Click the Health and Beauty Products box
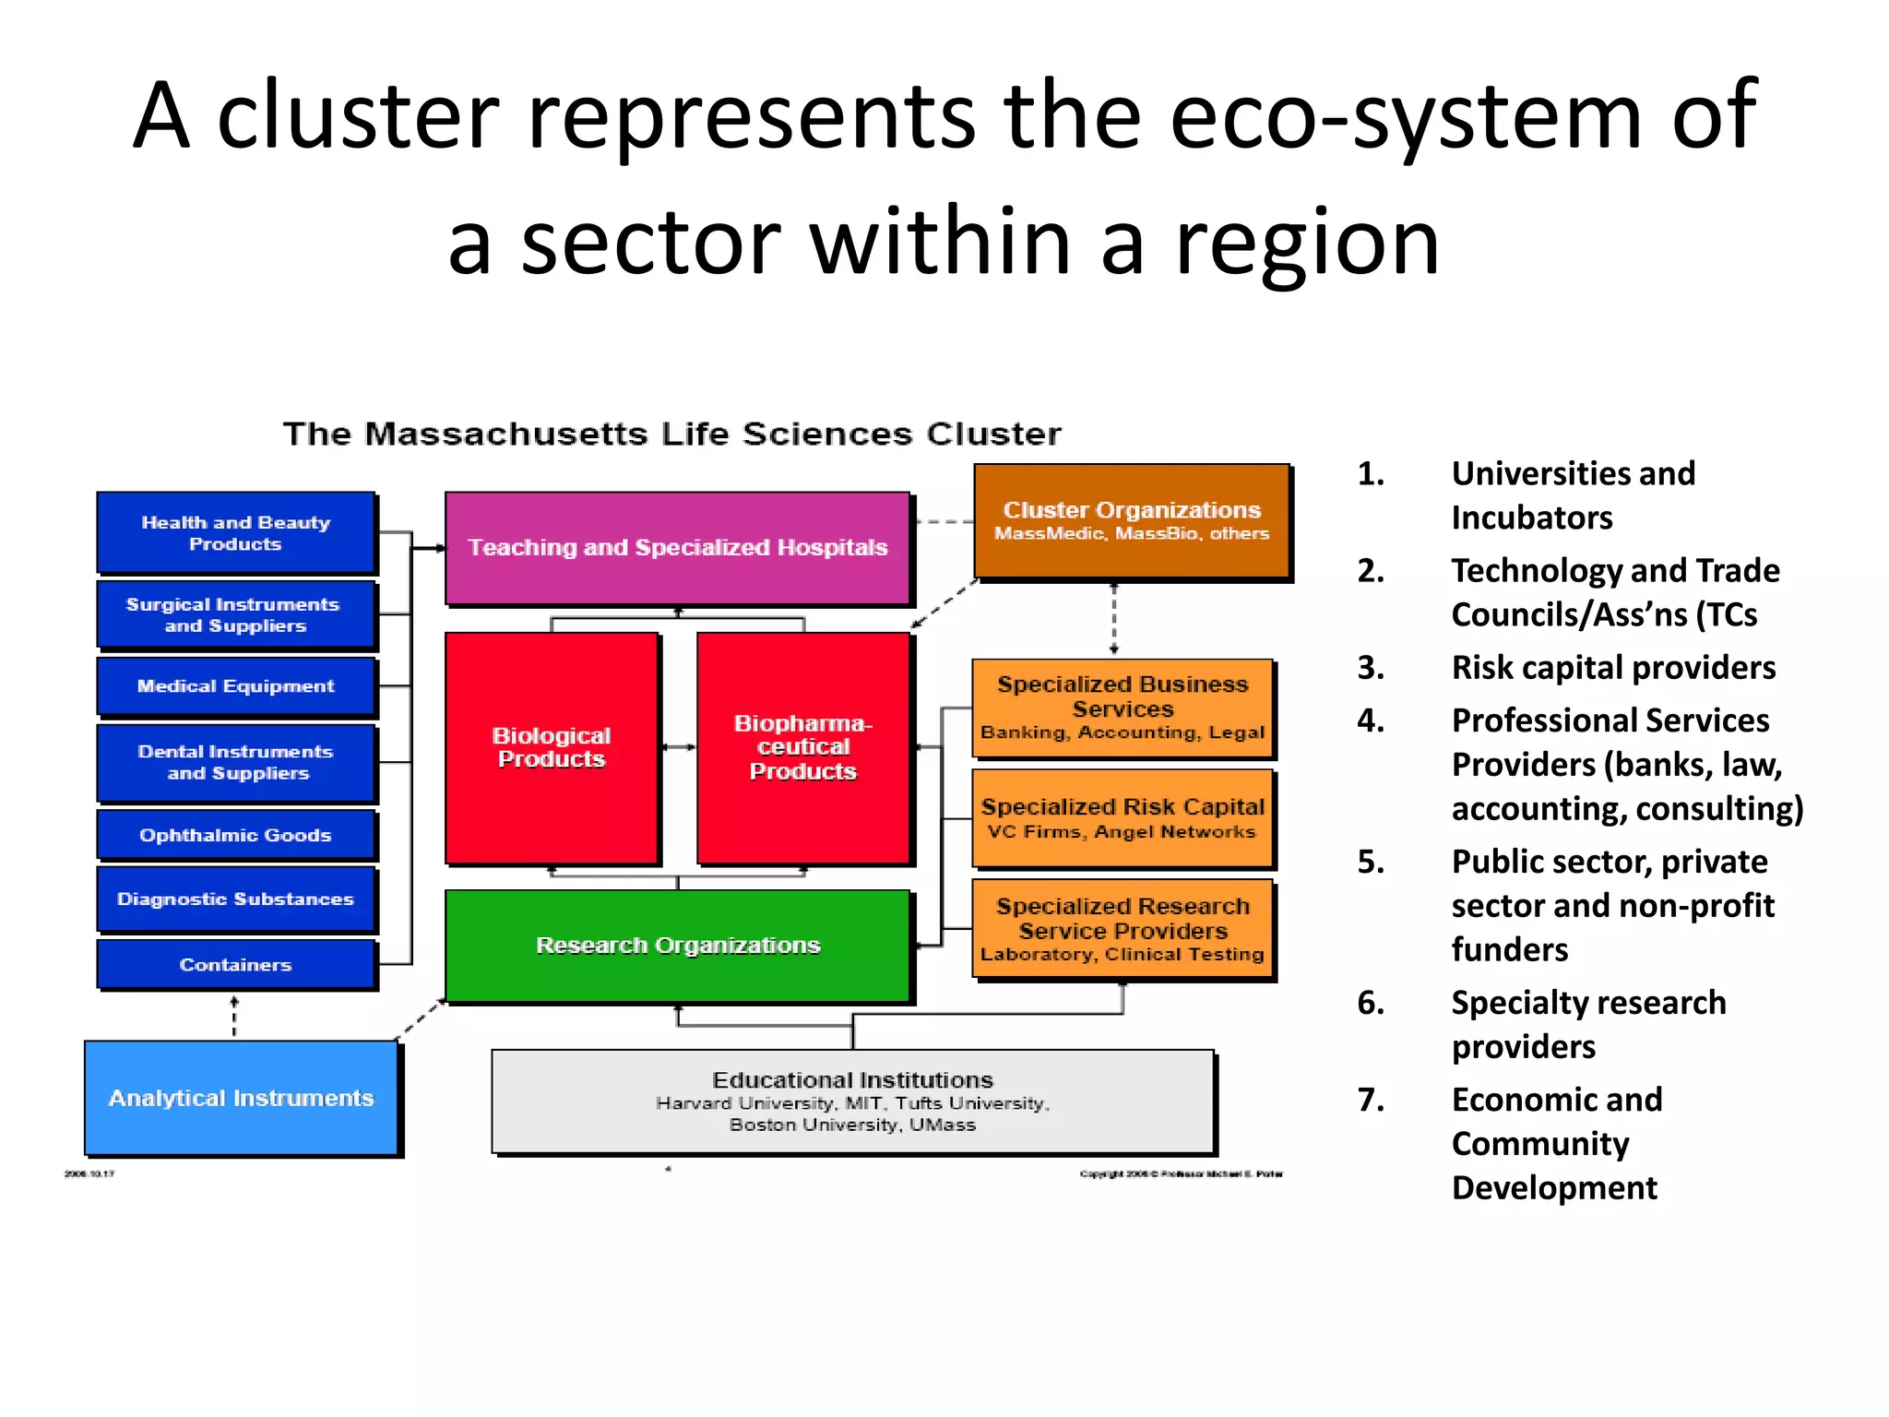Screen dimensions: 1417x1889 [236, 532]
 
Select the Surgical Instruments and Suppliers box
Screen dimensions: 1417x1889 [236, 614]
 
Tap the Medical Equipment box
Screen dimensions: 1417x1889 [236, 686]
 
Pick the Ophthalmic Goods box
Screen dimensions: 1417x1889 [236, 835]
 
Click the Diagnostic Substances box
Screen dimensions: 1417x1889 [236, 899]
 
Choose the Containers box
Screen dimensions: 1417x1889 [236, 964]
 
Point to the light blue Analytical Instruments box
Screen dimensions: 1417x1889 [242, 1098]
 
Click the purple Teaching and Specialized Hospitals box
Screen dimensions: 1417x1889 [678, 548]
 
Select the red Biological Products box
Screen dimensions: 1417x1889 [552, 747]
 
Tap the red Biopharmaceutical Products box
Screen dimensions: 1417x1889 [803, 747]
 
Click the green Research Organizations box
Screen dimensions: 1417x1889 [678, 946]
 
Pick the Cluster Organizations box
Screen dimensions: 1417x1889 [1132, 520]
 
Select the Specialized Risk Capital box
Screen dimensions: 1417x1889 [1123, 818]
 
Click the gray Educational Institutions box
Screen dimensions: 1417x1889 [852, 1101]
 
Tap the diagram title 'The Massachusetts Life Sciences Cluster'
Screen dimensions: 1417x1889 [671, 434]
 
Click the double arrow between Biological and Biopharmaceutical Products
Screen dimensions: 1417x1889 [679, 747]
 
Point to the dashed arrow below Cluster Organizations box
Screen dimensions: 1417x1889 [1114, 618]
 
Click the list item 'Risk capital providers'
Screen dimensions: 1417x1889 [1613, 667]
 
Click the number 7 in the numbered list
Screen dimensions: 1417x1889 [1371, 1100]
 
